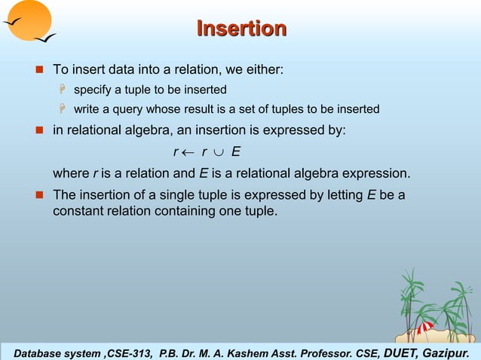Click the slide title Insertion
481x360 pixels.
click(x=241, y=29)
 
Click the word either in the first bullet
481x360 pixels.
click(x=265, y=71)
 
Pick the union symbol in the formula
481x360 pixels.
click(x=219, y=152)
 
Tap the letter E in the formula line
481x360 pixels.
click(x=236, y=152)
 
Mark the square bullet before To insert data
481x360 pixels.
click(x=41, y=71)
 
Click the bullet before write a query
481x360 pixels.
click(x=64, y=110)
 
